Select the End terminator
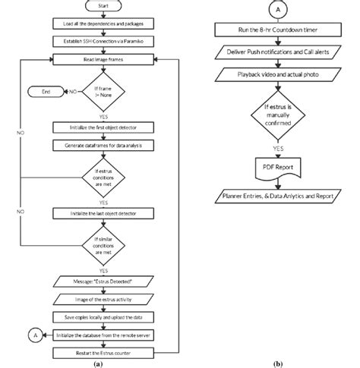pyautogui.click(x=45, y=93)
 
